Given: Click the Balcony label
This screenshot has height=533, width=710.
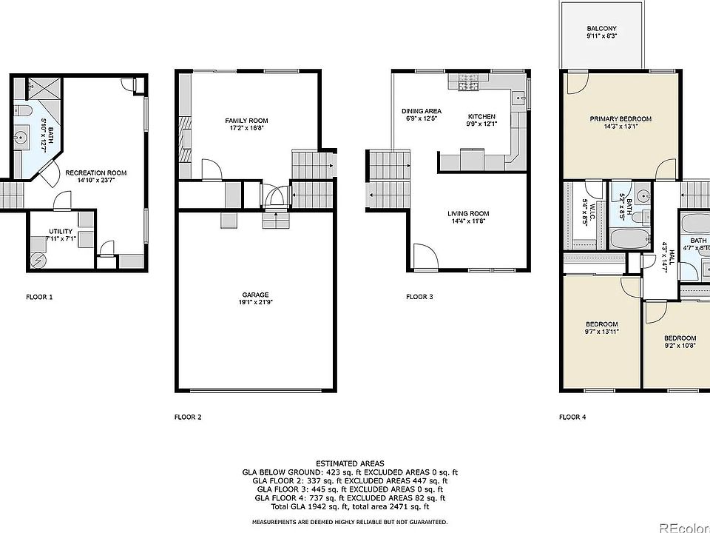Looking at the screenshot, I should (x=601, y=29).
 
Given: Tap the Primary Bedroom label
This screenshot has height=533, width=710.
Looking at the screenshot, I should (x=620, y=119).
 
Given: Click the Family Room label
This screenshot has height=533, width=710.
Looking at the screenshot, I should (x=246, y=121).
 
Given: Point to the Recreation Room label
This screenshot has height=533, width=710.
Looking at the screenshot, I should (x=95, y=172).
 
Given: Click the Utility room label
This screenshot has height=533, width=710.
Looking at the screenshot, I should (x=61, y=231).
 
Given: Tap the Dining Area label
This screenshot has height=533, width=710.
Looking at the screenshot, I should (x=421, y=111).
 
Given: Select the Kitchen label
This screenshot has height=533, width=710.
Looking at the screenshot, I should (x=481, y=117).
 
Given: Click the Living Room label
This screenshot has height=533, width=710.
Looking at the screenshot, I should (x=468, y=214).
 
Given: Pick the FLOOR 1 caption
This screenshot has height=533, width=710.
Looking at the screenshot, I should (x=39, y=298).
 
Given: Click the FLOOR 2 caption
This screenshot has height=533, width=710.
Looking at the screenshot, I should (x=188, y=417).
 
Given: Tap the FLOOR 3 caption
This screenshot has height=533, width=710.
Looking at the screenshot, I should (x=419, y=298).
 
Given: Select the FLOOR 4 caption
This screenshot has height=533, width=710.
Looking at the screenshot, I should (x=572, y=417).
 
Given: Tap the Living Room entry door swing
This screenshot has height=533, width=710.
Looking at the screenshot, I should (x=425, y=258).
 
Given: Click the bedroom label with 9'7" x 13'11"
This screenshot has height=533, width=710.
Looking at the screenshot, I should (x=602, y=324).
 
